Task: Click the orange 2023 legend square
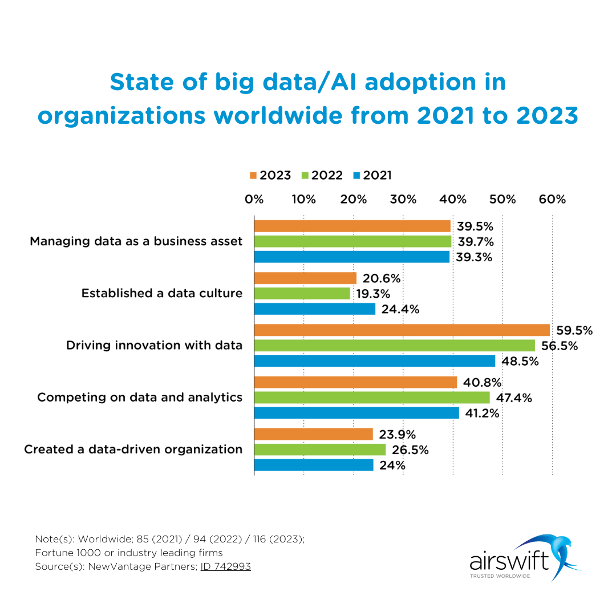pyautogui.click(x=253, y=176)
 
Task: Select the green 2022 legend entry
pyautogui.click(x=323, y=176)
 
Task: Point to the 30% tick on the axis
pyautogui.click(x=403, y=200)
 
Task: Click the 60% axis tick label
pyautogui.click(x=553, y=200)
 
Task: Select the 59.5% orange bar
pyautogui.click(x=402, y=330)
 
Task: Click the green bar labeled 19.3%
pyautogui.click(x=302, y=294)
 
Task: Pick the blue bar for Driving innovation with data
pyautogui.click(x=374, y=361)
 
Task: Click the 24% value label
pyautogui.click(x=392, y=465)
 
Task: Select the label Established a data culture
pyautogui.click(x=161, y=293)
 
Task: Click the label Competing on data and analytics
pyautogui.click(x=140, y=397)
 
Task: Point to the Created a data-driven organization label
pyautogui.click(x=133, y=449)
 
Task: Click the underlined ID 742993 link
pyautogui.click(x=225, y=566)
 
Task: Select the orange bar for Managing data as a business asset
pyautogui.click(x=352, y=226)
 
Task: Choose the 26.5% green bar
pyautogui.click(x=319, y=450)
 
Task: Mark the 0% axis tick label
pyautogui.click(x=254, y=200)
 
